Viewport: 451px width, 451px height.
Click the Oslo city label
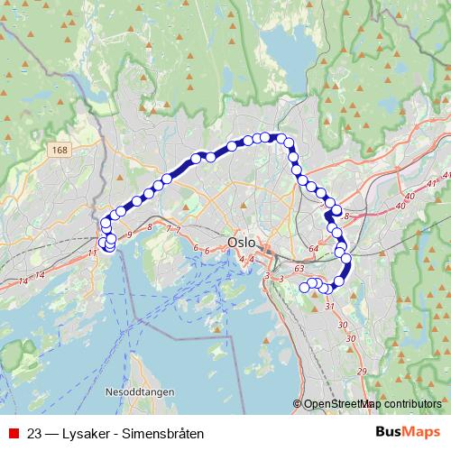[242, 243]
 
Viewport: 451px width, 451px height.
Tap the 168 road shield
[60, 150]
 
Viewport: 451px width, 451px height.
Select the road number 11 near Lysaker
[91, 253]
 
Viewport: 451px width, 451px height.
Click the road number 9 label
[130, 235]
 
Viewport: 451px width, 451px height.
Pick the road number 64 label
[313, 248]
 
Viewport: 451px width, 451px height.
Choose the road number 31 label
[329, 307]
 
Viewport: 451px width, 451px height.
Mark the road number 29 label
[361, 372]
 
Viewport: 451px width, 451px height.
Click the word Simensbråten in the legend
[166, 432]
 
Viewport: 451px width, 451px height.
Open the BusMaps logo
[409, 431]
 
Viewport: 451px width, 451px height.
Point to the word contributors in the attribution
[410, 405]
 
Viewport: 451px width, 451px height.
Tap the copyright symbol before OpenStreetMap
[298, 405]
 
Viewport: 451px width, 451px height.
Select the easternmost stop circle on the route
[345, 260]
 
